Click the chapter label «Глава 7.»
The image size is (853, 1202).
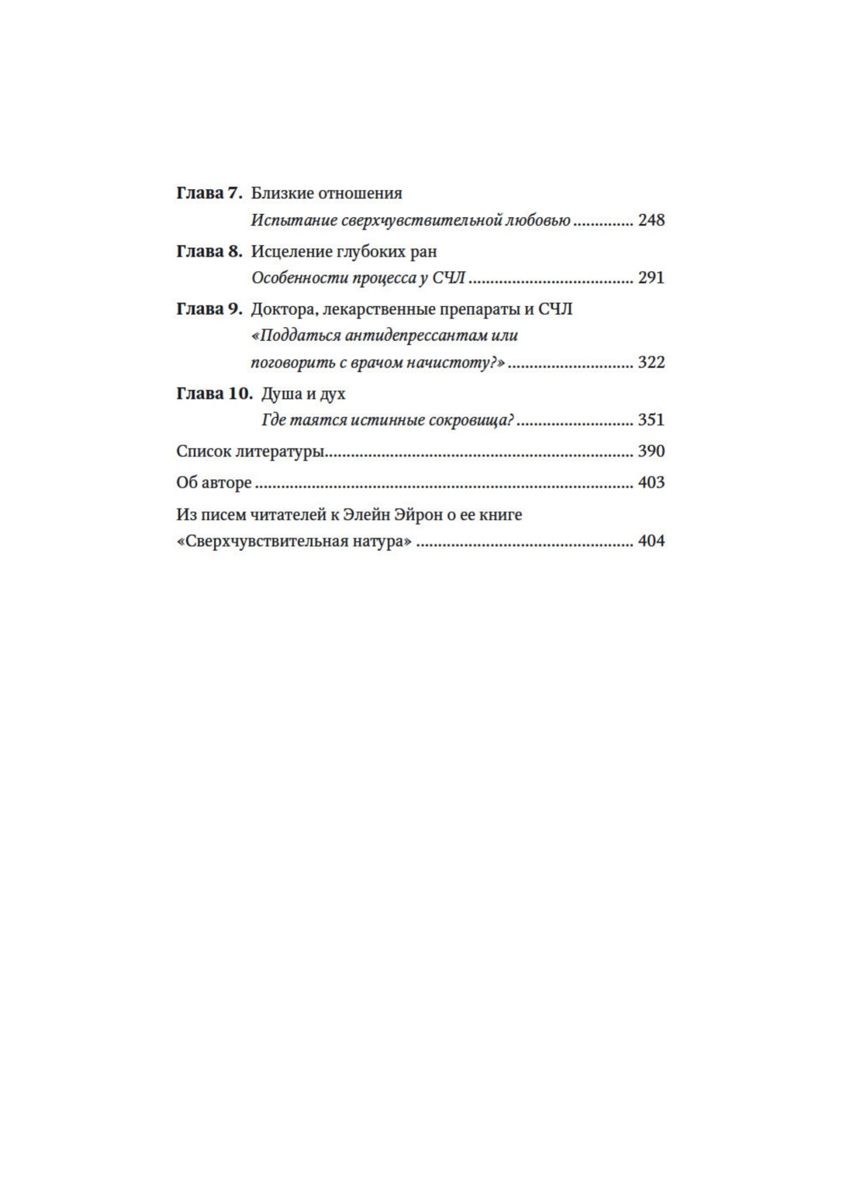pos(209,193)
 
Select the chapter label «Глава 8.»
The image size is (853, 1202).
pos(209,251)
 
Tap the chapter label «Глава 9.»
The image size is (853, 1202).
pos(209,309)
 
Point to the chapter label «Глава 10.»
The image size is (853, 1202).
pos(214,393)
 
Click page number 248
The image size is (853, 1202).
pos(651,220)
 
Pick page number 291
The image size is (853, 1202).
pos(651,277)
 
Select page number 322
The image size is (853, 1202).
pos(651,362)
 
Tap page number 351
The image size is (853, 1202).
pos(651,420)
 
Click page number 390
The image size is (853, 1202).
pos(651,451)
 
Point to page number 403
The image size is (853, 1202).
pos(651,482)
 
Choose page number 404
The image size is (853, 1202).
pos(651,541)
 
